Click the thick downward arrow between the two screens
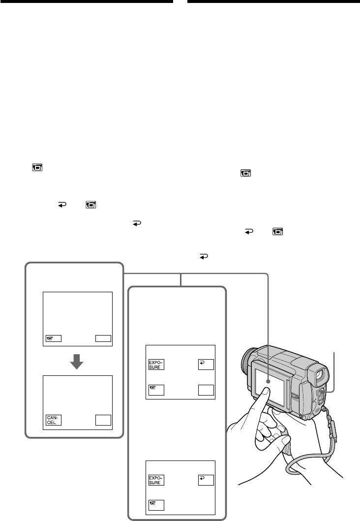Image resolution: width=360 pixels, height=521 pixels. click(x=77, y=363)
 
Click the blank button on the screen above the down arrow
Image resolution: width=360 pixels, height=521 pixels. click(x=104, y=338)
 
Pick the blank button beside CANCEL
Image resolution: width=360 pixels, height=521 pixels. click(x=104, y=420)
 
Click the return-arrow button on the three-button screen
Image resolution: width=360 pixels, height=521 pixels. click(x=205, y=480)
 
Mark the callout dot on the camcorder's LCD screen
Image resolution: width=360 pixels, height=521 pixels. click(x=269, y=381)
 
